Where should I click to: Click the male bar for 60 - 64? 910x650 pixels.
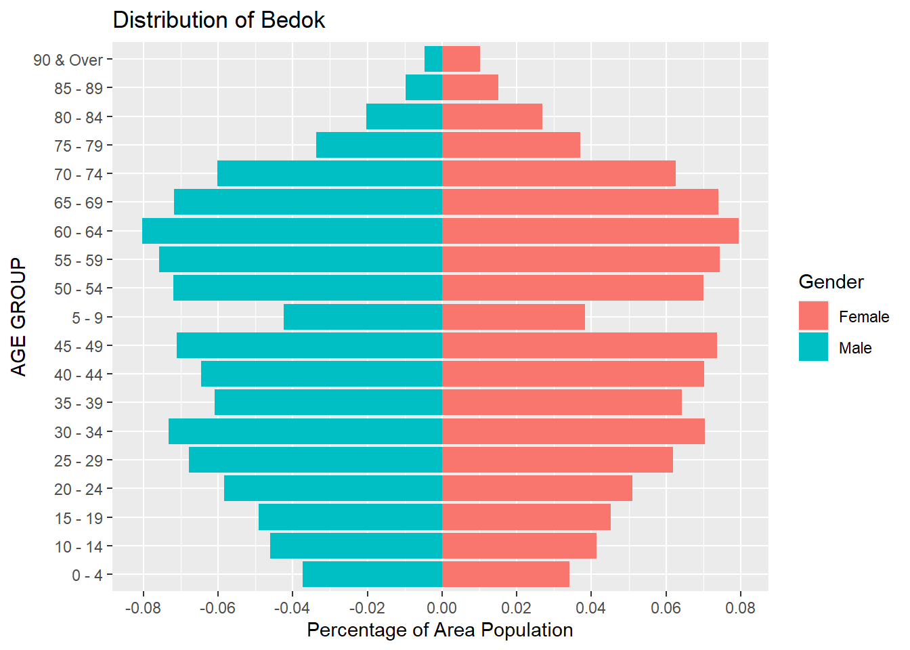(292, 232)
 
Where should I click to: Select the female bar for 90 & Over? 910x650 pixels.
(461, 59)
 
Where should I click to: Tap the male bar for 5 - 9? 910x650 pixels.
(363, 317)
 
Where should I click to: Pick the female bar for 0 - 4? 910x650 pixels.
(506, 574)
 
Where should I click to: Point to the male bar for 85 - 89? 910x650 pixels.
(424, 88)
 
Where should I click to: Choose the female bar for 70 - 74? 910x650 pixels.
(559, 174)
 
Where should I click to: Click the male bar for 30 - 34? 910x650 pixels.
(305, 431)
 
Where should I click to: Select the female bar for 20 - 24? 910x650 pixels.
(537, 488)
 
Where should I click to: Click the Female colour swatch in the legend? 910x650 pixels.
(813, 316)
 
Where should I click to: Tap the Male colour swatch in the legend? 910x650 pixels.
(813, 347)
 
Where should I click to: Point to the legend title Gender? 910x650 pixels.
(831, 282)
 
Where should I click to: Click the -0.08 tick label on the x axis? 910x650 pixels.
(143, 608)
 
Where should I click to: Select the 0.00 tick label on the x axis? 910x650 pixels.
(442, 608)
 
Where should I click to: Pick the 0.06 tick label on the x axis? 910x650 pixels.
(666, 608)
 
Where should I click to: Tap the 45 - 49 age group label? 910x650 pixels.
(79, 346)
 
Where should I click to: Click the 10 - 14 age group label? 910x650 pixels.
(79, 546)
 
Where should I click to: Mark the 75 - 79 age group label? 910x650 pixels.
(79, 146)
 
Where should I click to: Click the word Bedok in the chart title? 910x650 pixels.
(293, 20)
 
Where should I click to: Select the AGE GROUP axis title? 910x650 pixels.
(19, 317)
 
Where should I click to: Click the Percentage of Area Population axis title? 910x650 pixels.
(440, 630)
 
